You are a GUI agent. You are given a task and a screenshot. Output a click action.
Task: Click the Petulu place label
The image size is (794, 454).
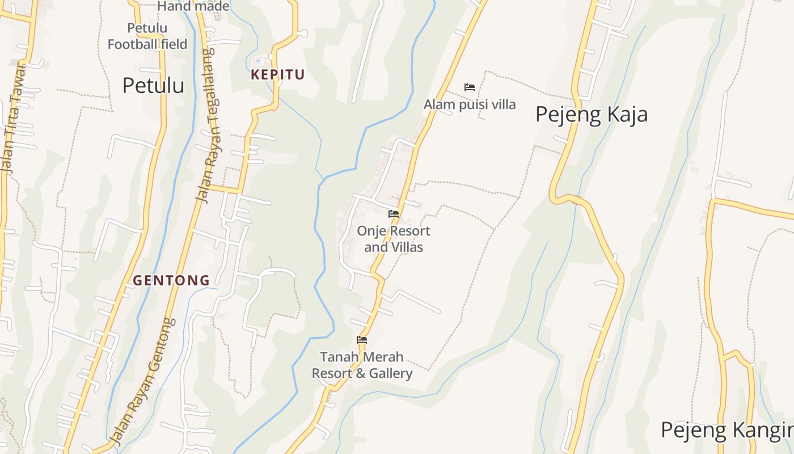[153, 86]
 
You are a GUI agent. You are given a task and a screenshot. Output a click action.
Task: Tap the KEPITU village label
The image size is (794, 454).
[278, 74]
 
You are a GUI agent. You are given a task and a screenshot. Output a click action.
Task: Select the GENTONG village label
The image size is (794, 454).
[171, 280]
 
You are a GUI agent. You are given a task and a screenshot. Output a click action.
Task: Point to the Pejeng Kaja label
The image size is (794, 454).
[591, 115]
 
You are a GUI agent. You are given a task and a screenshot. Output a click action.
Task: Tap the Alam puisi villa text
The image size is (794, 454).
[470, 104]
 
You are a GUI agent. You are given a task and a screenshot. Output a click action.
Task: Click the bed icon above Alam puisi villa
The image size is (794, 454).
[470, 87]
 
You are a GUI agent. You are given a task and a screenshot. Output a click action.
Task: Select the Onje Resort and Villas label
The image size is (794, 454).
[394, 239]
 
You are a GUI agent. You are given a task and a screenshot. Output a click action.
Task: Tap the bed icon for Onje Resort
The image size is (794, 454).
[394, 214]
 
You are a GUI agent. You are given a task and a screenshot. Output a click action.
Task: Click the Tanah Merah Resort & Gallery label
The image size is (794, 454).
[362, 365]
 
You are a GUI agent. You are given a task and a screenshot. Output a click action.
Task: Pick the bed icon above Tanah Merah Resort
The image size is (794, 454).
[362, 340]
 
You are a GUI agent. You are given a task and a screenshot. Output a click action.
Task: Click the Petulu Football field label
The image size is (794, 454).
[147, 36]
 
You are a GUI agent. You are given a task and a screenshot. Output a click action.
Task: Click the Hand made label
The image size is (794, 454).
[193, 6]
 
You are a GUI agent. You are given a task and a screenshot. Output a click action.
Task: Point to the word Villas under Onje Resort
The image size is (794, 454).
[406, 247]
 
